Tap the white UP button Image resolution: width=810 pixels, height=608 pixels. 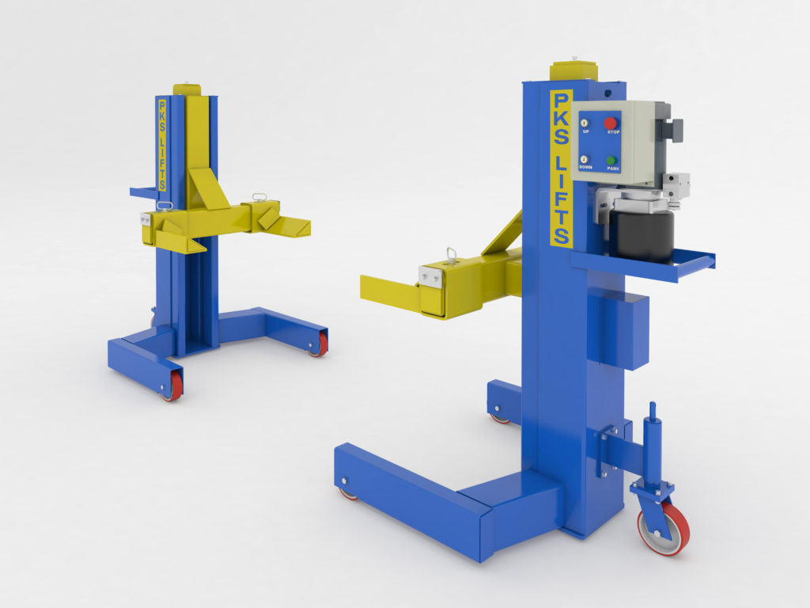point(584,123)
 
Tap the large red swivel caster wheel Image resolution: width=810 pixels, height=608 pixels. point(663,527)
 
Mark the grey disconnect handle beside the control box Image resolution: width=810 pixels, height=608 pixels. point(674,129)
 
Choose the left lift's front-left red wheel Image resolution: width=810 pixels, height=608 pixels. point(172,386)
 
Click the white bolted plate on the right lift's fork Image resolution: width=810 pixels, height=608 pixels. point(431,276)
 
